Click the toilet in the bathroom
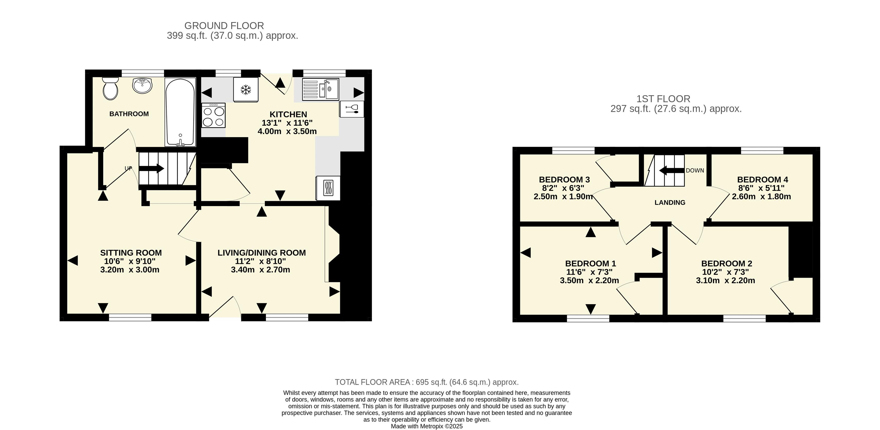pyautogui.click(x=110, y=88)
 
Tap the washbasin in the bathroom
pyautogui.click(x=142, y=85)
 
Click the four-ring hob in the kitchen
pyautogui.click(x=213, y=115)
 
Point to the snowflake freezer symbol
pyautogui.click(x=246, y=90)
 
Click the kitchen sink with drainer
pyautogui.click(x=320, y=90)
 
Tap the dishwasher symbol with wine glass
pyautogui.click(x=352, y=109)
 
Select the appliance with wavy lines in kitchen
pyautogui.click(x=328, y=188)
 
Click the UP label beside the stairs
pyautogui.click(x=128, y=168)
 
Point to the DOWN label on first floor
pyautogui.click(x=695, y=170)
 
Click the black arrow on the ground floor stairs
pyautogui.click(x=151, y=168)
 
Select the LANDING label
pyautogui.click(x=670, y=203)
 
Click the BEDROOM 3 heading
pyautogui.click(x=564, y=180)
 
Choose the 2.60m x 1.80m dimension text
pyautogui.click(x=761, y=197)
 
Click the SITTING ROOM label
pyautogui.click(x=131, y=253)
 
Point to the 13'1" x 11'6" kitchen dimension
pyautogui.click(x=287, y=123)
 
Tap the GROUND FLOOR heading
pyautogui.click(x=224, y=26)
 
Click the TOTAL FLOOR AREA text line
pyautogui.click(x=427, y=382)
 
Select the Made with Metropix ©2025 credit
pyautogui.click(x=427, y=426)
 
